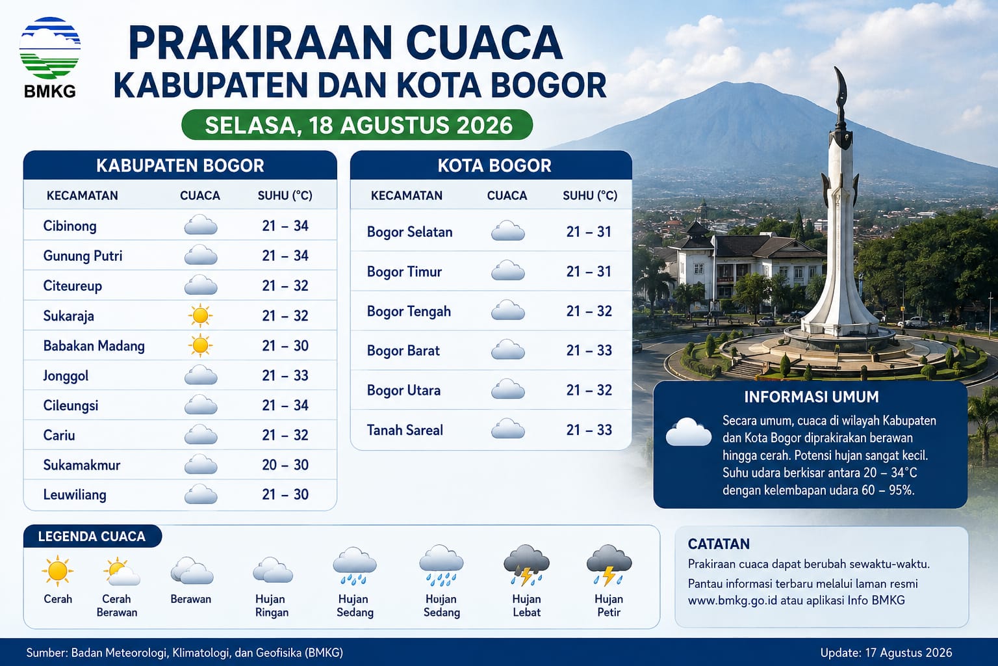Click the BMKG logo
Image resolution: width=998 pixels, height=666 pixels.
click(x=50, y=57)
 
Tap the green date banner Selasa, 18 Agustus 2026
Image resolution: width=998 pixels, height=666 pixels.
click(x=357, y=125)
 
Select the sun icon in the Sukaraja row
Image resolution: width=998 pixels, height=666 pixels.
click(x=200, y=315)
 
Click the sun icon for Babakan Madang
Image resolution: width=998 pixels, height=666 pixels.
click(x=200, y=345)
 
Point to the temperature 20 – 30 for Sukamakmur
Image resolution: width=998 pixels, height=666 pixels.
click(x=285, y=465)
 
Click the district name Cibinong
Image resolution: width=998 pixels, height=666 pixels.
click(x=70, y=226)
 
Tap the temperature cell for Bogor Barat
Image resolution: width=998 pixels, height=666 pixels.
click(x=589, y=350)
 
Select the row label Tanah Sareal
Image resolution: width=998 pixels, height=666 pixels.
click(x=405, y=430)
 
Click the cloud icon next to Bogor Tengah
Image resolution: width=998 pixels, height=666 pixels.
click(x=508, y=310)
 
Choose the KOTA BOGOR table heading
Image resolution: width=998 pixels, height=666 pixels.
click(x=494, y=165)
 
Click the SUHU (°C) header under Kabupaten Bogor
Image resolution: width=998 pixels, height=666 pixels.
click(x=285, y=195)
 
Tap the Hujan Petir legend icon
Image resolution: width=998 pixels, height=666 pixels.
click(x=609, y=565)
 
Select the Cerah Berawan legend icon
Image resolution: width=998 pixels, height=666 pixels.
click(x=122, y=572)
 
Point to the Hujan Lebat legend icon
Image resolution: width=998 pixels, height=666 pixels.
click(x=527, y=565)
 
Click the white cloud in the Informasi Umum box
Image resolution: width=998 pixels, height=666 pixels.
click(x=688, y=432)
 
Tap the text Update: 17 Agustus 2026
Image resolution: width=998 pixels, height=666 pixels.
click(x=886, y=652)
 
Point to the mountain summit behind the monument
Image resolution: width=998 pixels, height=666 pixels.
click(x=725, y=84)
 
